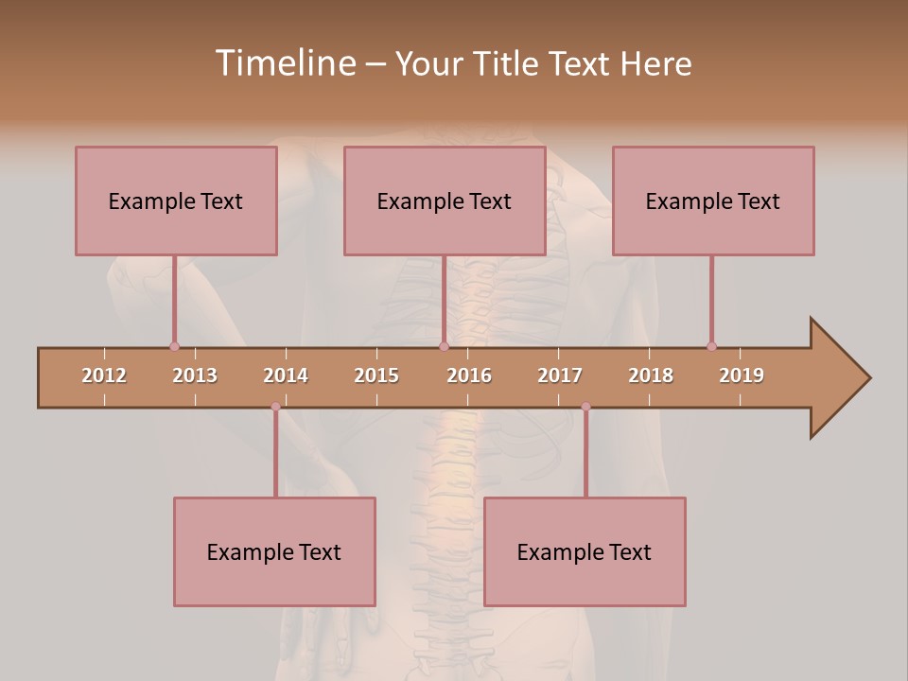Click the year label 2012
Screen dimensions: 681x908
click(104, 375)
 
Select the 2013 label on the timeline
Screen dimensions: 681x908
click(195, 375)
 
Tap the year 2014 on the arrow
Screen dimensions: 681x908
click(286, 375)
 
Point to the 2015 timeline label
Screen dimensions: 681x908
click(376, 375)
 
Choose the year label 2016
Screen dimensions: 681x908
click(469, 375)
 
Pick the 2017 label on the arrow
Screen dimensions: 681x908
click(560, 375)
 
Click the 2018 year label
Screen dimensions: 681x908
click(651, 375)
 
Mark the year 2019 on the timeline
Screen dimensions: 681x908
click(742, 375)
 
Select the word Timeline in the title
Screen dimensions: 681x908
click(284, 63)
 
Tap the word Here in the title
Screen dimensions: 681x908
click(655, 64)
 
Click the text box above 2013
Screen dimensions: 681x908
click(176, 201)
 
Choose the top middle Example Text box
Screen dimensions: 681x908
click(445, 201)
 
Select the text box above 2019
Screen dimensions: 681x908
click(713, 201)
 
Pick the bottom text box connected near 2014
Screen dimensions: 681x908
click(274, 551)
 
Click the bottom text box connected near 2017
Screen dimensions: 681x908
click(585, 551)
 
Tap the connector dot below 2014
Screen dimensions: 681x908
click(275, 407)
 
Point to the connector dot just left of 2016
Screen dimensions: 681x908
click(444, 346)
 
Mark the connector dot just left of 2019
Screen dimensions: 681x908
click(711, 346)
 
